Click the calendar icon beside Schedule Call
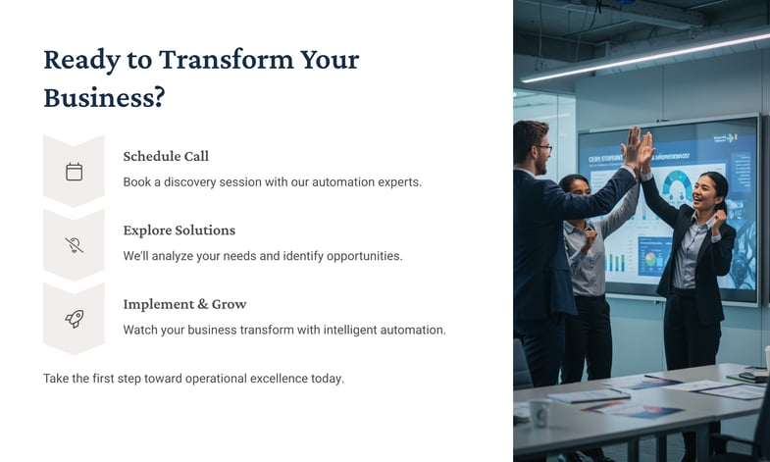[75, 172]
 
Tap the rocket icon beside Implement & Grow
[75, 319]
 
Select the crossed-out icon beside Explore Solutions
[75, 245]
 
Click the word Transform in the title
[226, 60]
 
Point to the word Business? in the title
[104, 97]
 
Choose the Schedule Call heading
[166, 156]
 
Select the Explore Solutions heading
[180, 231]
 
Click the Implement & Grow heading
[184, 304]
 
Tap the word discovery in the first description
[189, 182]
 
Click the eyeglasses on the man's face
[544, 147]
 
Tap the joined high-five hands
[639, 147]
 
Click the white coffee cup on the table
[540, 411]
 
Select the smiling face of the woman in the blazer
[705, 192]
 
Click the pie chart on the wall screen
[650, 258]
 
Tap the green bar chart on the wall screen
[616, 262]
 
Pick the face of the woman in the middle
[579, 187]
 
